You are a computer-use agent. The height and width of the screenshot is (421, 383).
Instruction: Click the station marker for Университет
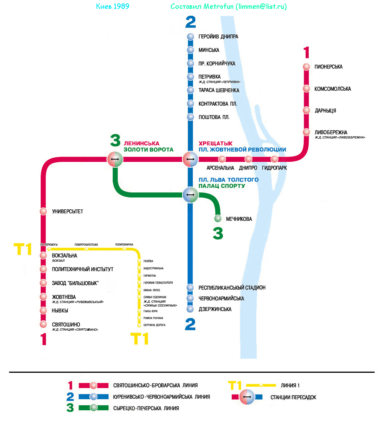click(x=43, y=211)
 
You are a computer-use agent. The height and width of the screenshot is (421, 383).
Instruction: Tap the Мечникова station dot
click(x=218, y=219)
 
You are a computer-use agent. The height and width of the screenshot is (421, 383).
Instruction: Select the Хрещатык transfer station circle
click(x=190, y=158)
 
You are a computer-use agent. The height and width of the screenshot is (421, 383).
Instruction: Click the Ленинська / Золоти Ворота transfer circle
click(x=115, y=158)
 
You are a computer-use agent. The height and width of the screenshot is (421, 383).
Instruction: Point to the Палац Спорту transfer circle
click(x=190, y=195)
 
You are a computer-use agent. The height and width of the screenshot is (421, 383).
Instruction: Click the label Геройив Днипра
click(x=218, y=37)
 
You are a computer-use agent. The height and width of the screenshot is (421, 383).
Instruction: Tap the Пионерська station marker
click(x=306, y=67)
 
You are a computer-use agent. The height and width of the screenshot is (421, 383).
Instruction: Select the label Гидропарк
click(x=274, y=168)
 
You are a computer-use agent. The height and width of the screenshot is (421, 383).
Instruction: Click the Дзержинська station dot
click(x=190, y=309)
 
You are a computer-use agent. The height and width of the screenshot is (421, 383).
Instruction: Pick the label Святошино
click(x=66, y=325)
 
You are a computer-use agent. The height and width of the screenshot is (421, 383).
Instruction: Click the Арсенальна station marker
click(x=222, y=159)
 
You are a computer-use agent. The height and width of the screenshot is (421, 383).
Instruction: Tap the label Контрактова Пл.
click(x=218, y=104)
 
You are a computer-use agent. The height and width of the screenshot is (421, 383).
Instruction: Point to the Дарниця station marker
click(x=306, y=110)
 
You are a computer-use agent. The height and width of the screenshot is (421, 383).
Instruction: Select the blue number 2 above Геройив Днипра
click(x=190, y=22)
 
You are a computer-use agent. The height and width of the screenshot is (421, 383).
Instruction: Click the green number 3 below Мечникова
click(x=218, y=233)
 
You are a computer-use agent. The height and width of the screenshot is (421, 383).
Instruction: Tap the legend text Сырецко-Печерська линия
click(x=146, y=408)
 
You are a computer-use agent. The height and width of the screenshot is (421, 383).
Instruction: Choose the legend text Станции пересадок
click(x=293, y=397)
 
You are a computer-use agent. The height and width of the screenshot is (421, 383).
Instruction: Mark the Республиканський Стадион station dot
click(x=190, y=287)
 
